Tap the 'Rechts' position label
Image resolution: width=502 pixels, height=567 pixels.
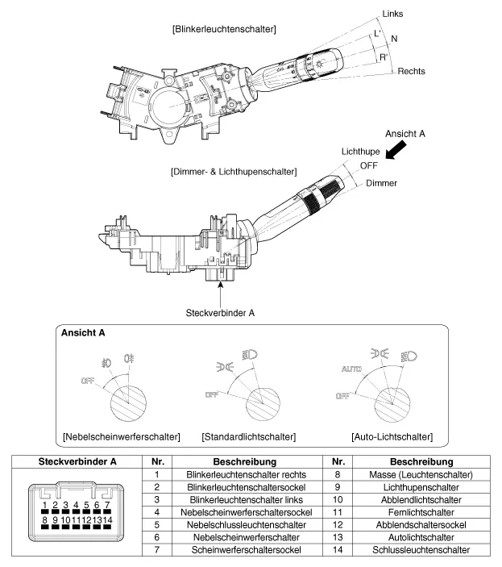click(411, 72)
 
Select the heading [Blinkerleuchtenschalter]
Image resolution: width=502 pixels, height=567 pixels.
click(224, 29)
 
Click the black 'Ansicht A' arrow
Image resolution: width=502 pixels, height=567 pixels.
click(398, 148)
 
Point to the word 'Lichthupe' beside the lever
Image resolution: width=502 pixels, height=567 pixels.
click(360, 152)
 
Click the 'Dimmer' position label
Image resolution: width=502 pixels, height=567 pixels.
click(381, 183)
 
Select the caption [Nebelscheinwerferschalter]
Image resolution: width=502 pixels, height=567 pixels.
click(121, 436)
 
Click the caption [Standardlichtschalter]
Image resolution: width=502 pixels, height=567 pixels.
click(249, 436)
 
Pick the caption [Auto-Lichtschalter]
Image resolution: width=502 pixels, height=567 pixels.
click(392, 436)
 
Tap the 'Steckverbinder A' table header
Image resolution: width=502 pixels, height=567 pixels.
click(73, 461)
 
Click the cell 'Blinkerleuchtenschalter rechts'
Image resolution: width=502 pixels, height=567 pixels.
click(232, 474)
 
